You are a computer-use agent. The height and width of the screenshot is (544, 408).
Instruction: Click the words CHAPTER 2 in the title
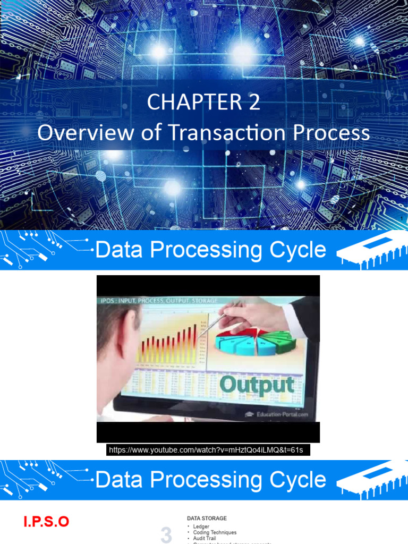[204, 102]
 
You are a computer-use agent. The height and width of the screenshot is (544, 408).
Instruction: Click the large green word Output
[256, 385]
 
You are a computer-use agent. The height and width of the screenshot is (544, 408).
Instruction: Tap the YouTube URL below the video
[206, 450]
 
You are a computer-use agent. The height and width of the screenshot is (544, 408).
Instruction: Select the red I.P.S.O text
[46, 522]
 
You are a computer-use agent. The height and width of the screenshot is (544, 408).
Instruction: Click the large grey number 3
[166, 535]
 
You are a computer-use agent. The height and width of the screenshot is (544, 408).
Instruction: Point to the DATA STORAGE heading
[207, 518]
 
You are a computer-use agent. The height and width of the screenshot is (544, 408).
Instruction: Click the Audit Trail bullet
[205, 538]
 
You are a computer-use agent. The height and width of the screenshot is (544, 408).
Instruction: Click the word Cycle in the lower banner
[295, 480]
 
